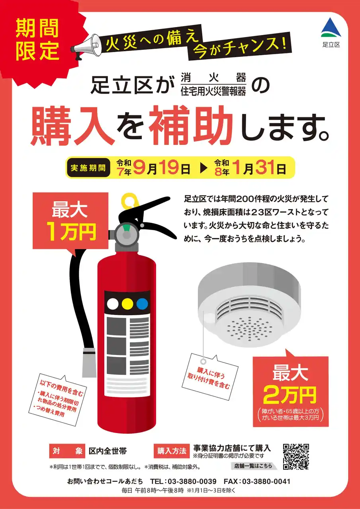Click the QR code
point(296,456)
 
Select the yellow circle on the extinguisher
point(127,304)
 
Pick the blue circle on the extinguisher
point(142,304)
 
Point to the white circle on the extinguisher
point(113,304)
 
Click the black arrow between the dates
point(203,168)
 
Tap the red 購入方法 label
point(172,451)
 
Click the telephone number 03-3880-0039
point(190,481)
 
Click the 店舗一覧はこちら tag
point(253,466)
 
